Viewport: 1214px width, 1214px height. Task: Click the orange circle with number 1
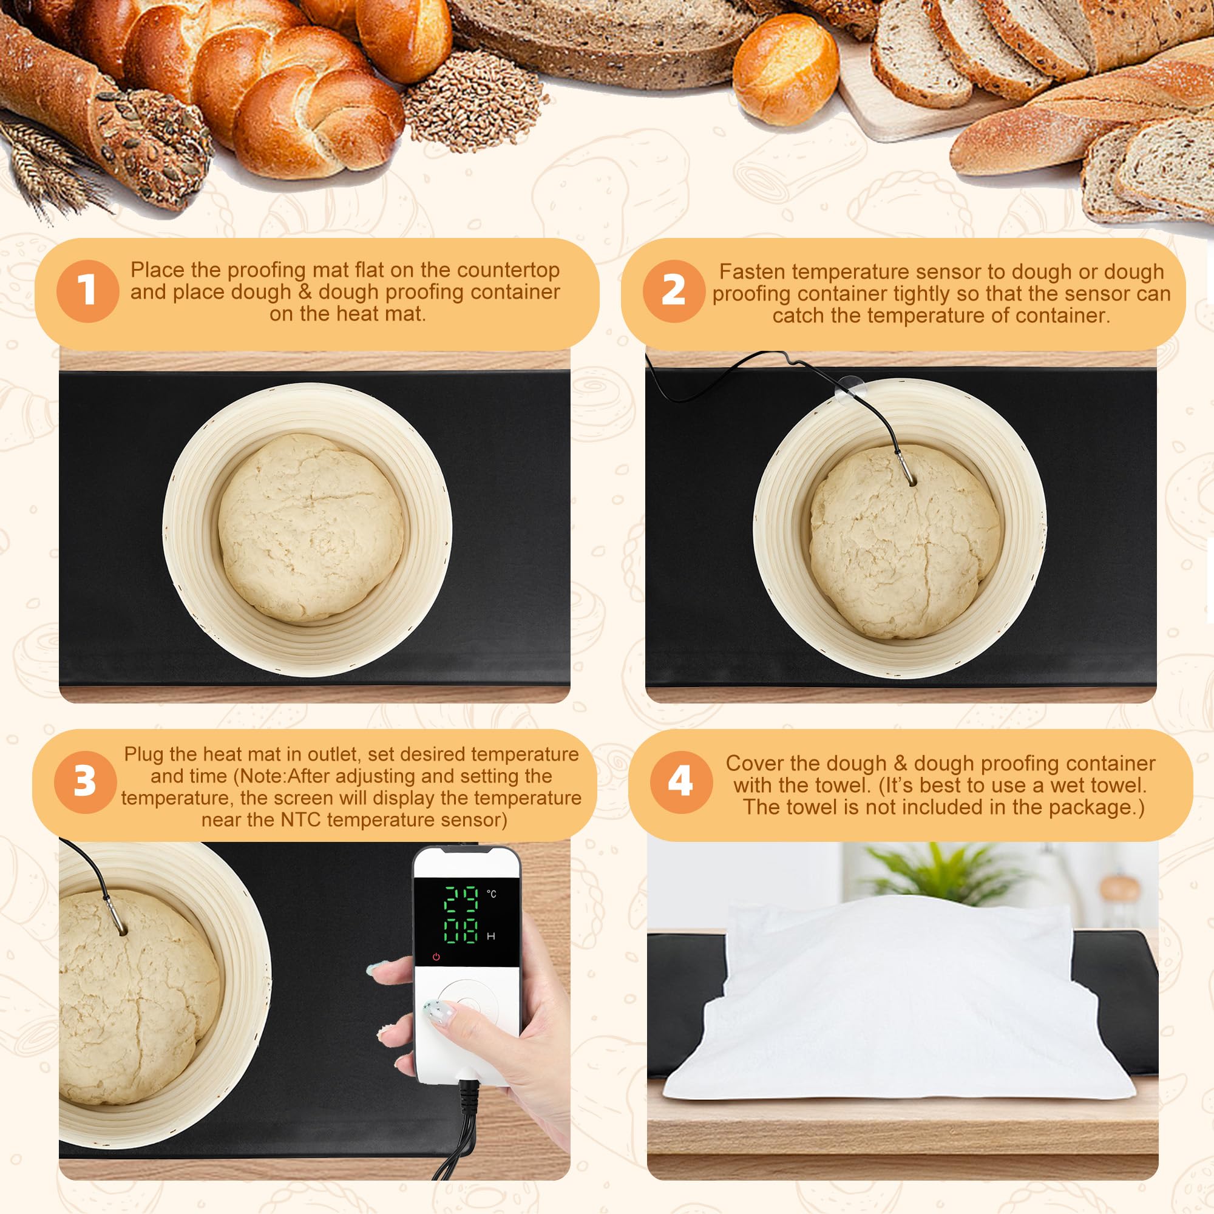87,291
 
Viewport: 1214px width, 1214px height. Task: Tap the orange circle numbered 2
674,291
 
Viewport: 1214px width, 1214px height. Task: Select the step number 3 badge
86,782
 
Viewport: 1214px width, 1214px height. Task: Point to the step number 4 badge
680,782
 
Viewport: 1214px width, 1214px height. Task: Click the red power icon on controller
436,957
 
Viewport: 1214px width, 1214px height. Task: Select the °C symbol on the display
492,894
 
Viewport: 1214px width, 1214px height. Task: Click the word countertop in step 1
507,270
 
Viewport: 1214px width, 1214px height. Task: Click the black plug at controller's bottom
469,1094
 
